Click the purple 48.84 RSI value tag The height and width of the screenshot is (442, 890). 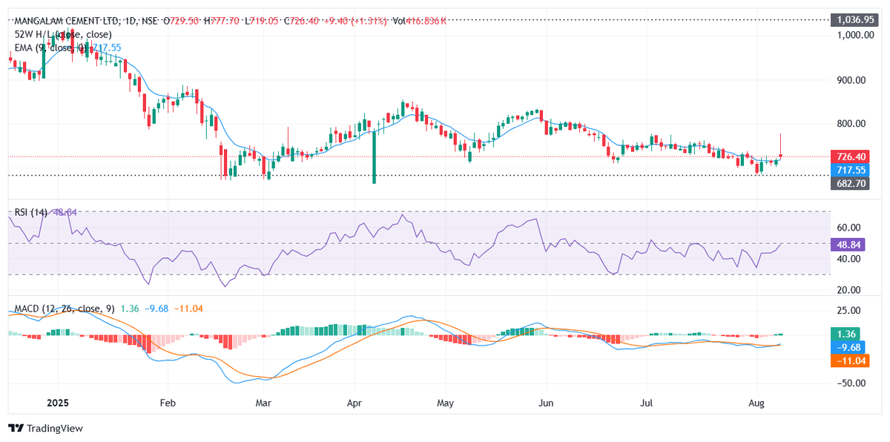pyautogui.click(x=850, y=243)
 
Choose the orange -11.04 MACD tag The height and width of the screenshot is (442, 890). pyautogui.click(x=850, y=360)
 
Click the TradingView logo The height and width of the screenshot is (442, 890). pyautogui.click(x=46, y=428)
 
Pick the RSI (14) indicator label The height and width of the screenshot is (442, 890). pyautogui.click(x=31, y=212)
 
